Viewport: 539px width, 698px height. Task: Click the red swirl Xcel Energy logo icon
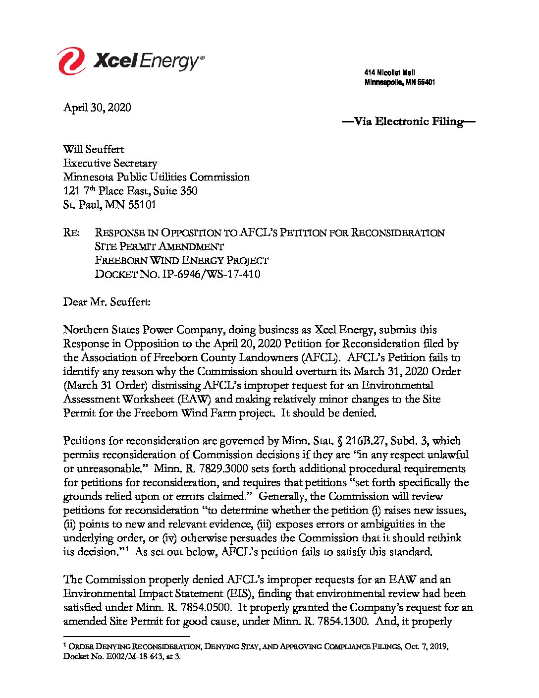(x=72, y=61)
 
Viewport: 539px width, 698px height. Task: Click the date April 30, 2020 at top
(x=97, y=108)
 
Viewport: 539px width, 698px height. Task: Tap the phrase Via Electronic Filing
(x=409, y=121)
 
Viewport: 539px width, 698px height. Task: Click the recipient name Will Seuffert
(x=94, y=149)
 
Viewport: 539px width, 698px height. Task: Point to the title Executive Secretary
(x=110, y=163)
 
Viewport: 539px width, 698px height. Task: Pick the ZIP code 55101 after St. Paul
(x=142, y=205)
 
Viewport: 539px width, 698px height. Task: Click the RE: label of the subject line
(x=71, y=233)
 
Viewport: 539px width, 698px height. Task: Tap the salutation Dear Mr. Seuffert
(x=107, y=302)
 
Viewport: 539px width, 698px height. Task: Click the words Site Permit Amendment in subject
(x=159, y=246)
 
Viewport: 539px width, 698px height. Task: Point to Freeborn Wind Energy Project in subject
(x=181, y=260)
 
